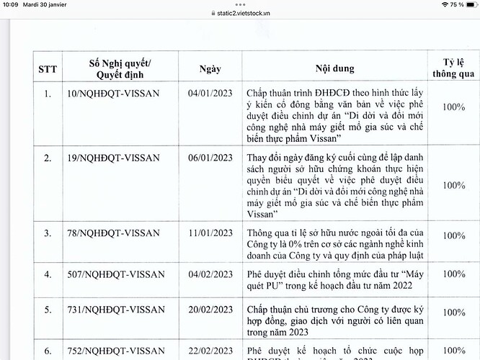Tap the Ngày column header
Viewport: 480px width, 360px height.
tap(209, 69)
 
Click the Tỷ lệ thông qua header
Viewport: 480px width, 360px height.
tap(454, 69)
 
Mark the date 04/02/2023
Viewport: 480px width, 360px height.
tap(209, 274)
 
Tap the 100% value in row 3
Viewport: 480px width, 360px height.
tap(454, 235)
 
